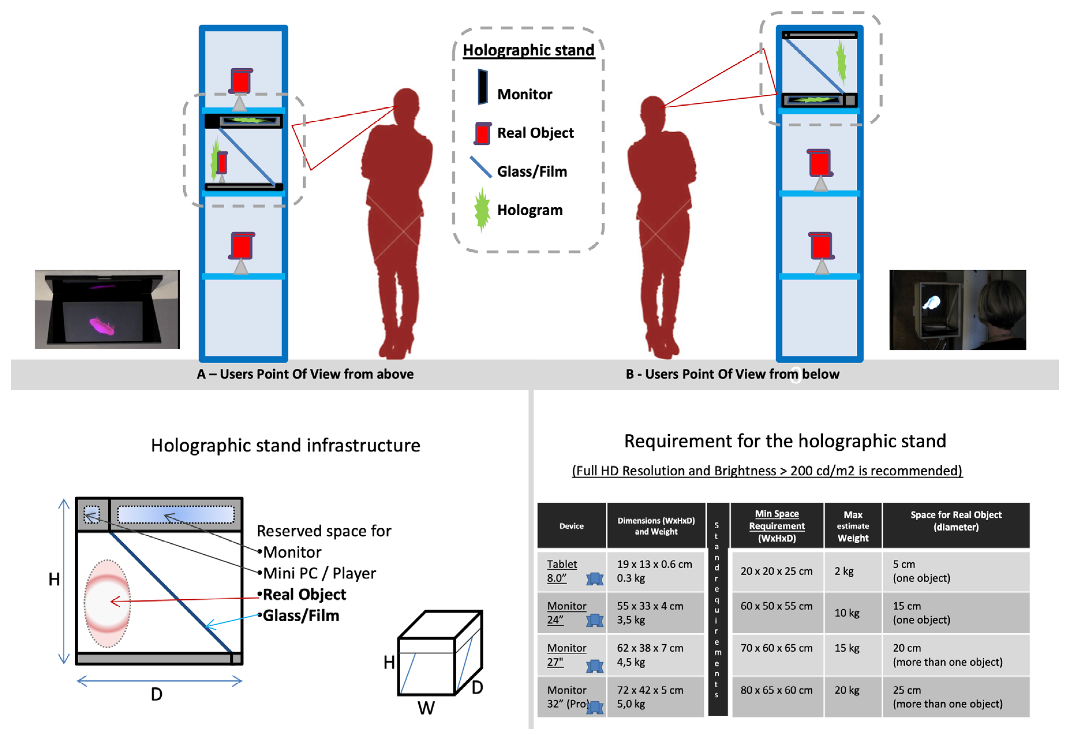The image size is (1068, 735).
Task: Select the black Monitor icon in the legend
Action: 482,87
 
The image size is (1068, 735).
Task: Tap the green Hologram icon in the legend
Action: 482,210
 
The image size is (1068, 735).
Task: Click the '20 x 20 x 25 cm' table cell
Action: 776,571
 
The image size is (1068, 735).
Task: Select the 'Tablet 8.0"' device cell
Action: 562,571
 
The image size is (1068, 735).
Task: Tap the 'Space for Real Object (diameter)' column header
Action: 956,521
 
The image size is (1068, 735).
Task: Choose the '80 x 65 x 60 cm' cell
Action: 776,690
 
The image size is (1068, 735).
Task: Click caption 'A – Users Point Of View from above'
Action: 305,374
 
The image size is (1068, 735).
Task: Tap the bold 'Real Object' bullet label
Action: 304,594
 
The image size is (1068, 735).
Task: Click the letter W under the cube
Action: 426,708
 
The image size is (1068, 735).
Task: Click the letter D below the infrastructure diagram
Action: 156,694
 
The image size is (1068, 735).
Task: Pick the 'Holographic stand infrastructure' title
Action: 285,445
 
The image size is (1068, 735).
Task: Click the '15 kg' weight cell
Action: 847,648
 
